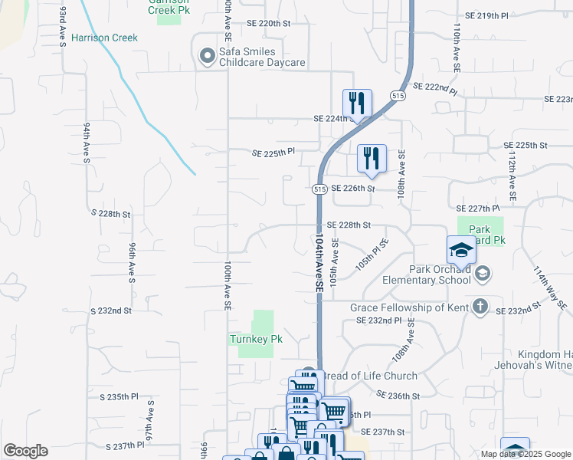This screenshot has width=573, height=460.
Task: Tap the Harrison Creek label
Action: pos(104,38)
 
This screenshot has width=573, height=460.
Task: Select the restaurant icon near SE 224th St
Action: pos(357,103)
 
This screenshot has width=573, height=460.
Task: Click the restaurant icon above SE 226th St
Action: pos(372,159)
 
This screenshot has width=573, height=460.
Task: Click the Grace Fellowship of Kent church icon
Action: pos(480,307)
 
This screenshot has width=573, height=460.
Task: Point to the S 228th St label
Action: pos(111,213)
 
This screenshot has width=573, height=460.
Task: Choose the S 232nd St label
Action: pos(111,311)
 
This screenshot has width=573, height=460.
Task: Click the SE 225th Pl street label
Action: pos(274,153)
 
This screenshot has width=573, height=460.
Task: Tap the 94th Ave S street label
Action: pos(87,143)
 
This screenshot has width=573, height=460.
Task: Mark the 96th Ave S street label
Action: pos(132,261)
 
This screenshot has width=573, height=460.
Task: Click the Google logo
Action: pos(25,451)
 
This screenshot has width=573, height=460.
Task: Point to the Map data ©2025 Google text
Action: pos(525,454)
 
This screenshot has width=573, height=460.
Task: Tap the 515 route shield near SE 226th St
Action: pos(321,189)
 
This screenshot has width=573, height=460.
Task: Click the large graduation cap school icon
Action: pos(461,249)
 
